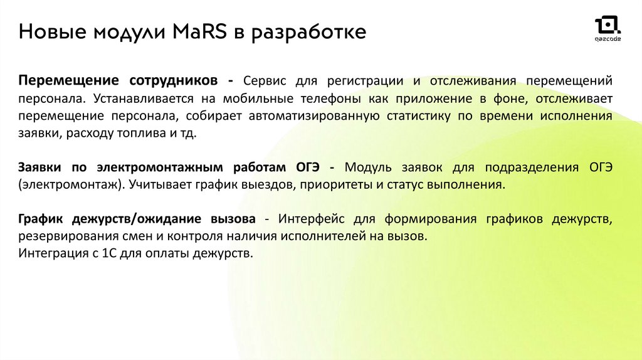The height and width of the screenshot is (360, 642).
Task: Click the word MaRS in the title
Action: click(199, 31)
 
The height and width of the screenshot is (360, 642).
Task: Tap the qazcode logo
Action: click(608, 29)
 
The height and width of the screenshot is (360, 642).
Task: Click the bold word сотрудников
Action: click(173, 81)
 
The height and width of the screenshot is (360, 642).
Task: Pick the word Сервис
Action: click(265, 81)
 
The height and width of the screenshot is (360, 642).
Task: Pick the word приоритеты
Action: click(336, 185)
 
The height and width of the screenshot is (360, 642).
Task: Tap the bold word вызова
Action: click(233, 219)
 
